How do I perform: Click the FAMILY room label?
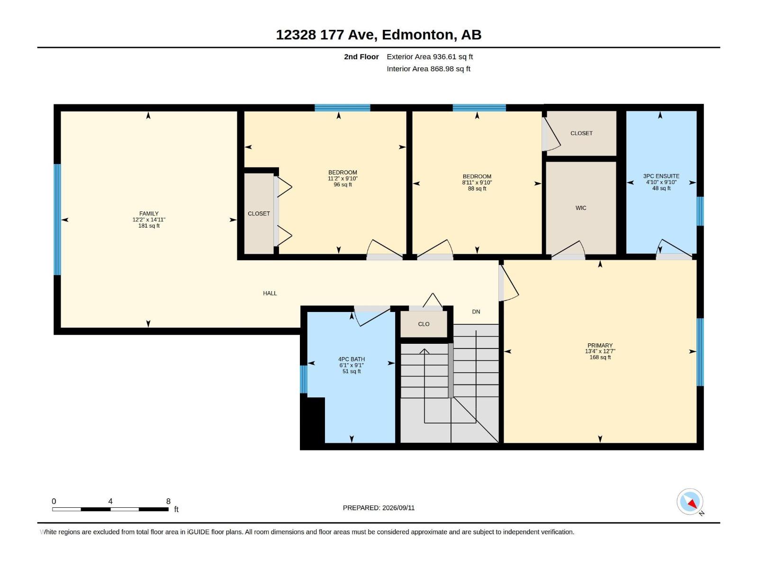coord(149,213)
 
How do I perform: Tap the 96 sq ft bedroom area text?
coord(343,184)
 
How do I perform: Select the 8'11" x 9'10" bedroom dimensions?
coord(477,183)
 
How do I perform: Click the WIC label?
coord(581,208)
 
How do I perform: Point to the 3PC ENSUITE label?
coord(661,176)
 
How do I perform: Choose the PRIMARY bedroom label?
coord(600,346)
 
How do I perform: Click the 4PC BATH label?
coord(352,359)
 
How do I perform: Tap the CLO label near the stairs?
coord(424,324)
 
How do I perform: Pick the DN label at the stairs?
coord(476,312)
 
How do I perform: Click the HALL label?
coord(270,294)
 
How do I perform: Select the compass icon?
coord(690,502)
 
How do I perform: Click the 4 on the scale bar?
coord(110,501)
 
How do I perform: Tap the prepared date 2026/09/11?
coord(398,508)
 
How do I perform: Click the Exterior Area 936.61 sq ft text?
coord(430,56)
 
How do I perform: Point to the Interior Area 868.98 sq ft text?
coord(428,69)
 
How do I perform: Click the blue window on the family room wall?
coord(57,220)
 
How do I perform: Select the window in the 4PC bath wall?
coord(304,379)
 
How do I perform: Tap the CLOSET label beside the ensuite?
coord(582,133)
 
